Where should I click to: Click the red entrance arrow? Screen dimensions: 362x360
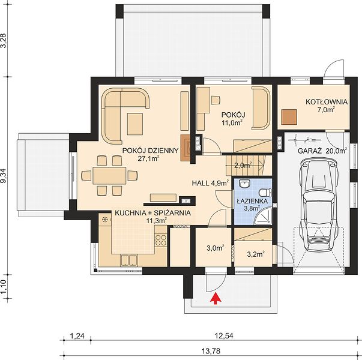[x=216, y=298]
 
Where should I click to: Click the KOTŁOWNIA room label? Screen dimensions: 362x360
[x=327, y=102]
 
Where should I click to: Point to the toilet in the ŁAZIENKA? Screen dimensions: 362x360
[x=265, y=192]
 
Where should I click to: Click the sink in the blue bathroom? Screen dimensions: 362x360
[x=244, y=184]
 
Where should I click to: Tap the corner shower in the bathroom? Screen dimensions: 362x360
[x=264, y=215]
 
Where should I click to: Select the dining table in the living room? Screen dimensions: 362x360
[x=109, y=176]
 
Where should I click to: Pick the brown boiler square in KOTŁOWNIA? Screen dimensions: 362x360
[x=289, y=117]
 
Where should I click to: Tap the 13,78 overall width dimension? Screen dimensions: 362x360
[x=211, y=351]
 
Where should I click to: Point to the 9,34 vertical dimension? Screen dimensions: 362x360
[x=4, y=175]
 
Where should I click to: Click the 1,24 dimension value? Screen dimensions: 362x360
[x=77, y=336]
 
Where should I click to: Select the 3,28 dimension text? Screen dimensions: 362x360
[x=4, y=41]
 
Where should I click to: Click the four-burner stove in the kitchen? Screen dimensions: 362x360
[x=161, y=240]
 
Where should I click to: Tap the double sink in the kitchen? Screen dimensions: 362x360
[x=129, y=260]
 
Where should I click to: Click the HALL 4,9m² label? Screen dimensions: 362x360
[x=211, y=183]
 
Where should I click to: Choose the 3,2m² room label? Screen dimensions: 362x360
[x=256, y=254]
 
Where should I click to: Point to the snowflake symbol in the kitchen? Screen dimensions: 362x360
[x=105, y=220]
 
